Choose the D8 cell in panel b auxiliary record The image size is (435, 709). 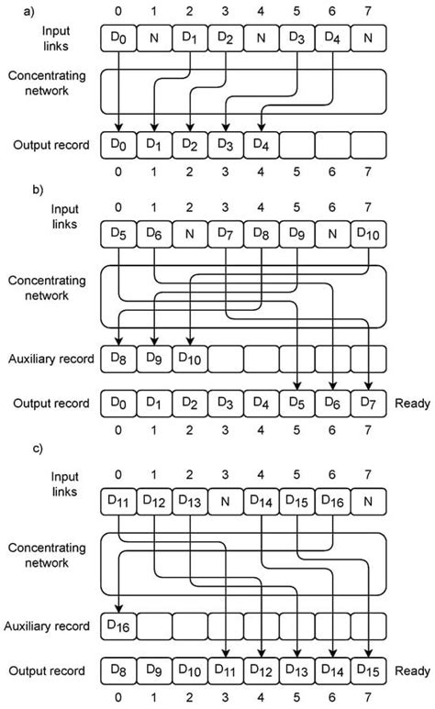(119, 357)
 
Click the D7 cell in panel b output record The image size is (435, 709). (368, 402)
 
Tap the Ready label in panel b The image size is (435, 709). (411, 402)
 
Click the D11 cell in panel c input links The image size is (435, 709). (119, 501)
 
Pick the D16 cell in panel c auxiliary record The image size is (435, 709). (119, 626)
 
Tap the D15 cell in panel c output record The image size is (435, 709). (368, 670)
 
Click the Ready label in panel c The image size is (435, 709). (411, 670)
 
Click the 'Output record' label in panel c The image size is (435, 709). (48, 670)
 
